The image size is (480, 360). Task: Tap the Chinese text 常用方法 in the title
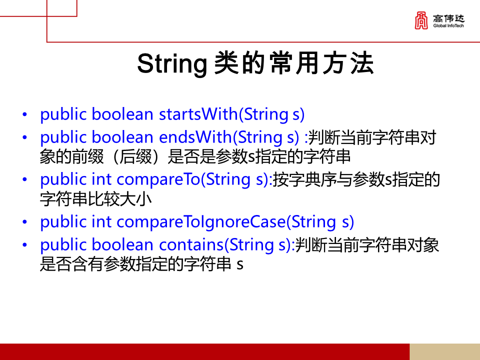click(x=322, y=64)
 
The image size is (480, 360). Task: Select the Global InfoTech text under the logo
click(x=449, y=25)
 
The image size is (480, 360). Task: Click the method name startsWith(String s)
click(x=231, y=114)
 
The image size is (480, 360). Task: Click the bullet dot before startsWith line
click(x=25, y=115)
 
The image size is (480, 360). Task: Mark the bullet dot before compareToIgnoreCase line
click(x=25, y=222)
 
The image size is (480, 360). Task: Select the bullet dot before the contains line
click(x=25, y=245)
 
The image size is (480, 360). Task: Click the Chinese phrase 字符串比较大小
click(x=95, y=199)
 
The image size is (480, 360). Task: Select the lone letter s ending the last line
click(x=239, y=265)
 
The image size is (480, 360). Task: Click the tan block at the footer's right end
click(x=444, y=351)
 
